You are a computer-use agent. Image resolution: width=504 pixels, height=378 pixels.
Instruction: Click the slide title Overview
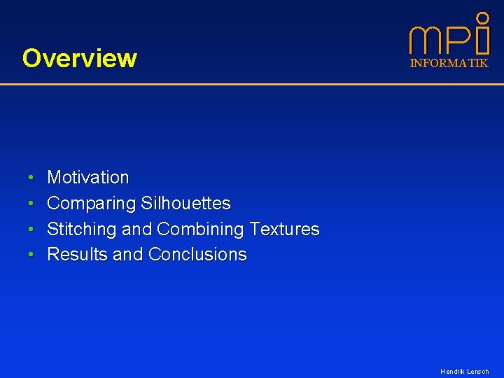79,58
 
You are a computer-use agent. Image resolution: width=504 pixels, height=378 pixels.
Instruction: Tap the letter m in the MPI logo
426,41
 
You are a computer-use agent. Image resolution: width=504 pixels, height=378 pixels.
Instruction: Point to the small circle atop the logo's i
482,17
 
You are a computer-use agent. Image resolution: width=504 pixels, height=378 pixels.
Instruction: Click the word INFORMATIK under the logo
449,63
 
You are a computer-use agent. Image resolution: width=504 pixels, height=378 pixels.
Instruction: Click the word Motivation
87,178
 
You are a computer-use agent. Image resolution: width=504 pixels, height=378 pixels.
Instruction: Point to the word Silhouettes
185,204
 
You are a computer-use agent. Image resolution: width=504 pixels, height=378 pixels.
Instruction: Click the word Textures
284,229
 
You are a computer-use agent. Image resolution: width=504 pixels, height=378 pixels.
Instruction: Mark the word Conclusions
197,254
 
